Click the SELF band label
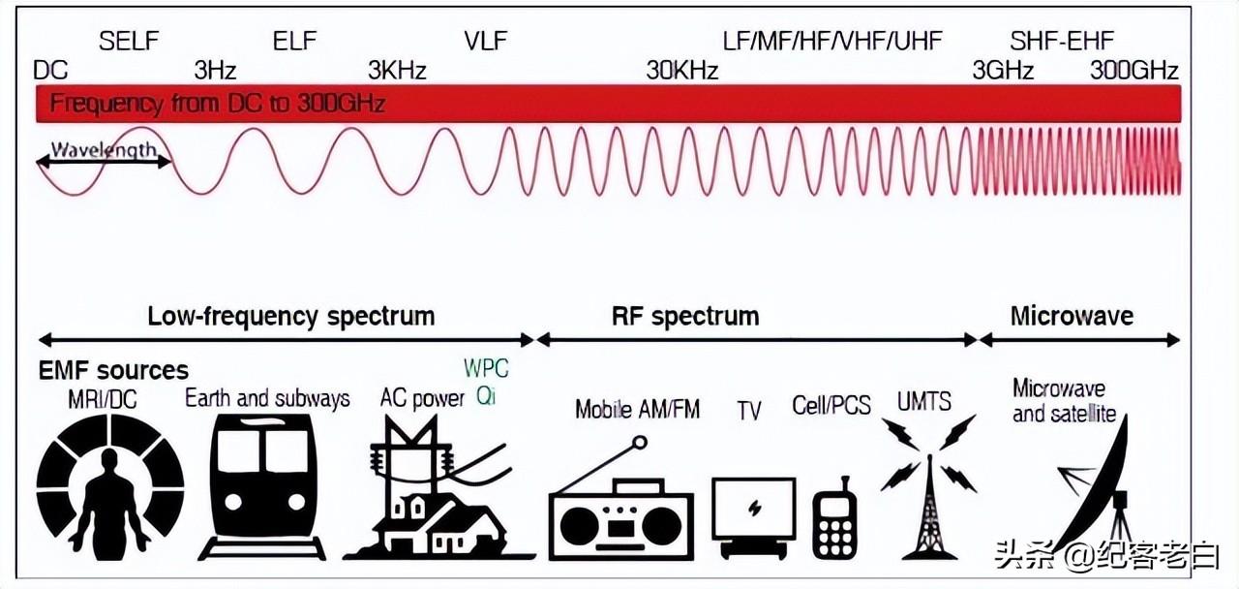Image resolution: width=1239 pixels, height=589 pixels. click(128, 41)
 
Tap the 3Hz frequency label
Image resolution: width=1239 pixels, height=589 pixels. click(215, 71)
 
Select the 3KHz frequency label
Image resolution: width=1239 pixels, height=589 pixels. click(397, 71)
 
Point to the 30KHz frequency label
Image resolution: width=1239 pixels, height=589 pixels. click(682, 71)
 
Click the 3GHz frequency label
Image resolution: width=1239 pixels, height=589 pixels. click(1004, 71)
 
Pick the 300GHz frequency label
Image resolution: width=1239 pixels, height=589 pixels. click(1134, 71)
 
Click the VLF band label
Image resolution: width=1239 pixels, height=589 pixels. click(485, 41)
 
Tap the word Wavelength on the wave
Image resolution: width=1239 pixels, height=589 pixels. click(104, 150)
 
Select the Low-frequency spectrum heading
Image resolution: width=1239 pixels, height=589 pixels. click(290, 316)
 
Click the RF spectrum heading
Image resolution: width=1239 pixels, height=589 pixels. click(684, 316)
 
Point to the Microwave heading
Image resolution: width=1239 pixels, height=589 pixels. click(1072, 316)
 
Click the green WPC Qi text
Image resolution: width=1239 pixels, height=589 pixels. click(486, 383)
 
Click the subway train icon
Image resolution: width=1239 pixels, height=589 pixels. click(260, 489)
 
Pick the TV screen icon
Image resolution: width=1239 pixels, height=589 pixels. click(753, 509)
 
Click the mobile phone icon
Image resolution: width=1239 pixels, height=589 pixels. click(833, 521)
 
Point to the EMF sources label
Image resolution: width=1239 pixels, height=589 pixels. click(113, 370)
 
